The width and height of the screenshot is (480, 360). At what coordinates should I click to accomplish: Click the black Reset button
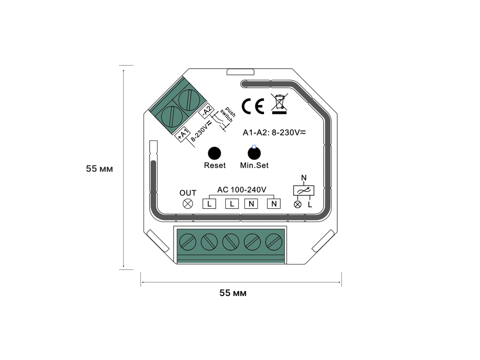(x=214, y=153)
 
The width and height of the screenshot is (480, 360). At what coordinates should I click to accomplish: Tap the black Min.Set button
(x=254, y=153)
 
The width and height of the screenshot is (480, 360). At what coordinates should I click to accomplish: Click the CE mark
(x=253, y=106)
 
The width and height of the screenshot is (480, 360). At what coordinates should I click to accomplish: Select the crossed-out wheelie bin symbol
(x=279, y=104)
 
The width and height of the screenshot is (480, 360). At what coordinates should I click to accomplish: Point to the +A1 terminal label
(x=183, y=134)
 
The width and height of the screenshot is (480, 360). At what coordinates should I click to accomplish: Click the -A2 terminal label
(x=206, y=111)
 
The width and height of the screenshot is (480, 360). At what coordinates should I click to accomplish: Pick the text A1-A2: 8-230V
(x=274, y=132)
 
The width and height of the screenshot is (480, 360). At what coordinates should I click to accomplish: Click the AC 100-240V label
(x=242, y=190)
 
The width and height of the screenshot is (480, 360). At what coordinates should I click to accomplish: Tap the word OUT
(x=188, y=193)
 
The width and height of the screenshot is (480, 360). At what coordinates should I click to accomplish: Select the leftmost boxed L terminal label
(x=209, y=204)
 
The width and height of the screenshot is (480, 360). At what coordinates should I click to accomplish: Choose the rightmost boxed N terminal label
(x=274, y=204)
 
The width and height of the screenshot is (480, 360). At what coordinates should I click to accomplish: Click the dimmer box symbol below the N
(x=303, y=190)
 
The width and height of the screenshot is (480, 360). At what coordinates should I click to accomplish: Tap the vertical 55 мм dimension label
(x=99, y=169)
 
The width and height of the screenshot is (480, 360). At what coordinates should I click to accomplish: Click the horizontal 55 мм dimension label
(x=233, y=293)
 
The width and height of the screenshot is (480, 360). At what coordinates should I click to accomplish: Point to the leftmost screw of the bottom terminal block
(x=188, y=242)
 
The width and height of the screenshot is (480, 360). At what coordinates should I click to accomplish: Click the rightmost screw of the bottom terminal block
(x=274, y=242)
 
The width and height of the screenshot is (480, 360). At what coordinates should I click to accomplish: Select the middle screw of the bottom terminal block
(x=231, y=242)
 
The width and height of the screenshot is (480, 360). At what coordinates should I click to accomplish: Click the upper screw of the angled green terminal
(x=189, y=100)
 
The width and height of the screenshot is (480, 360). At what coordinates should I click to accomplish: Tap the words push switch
(x=227, y=115)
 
